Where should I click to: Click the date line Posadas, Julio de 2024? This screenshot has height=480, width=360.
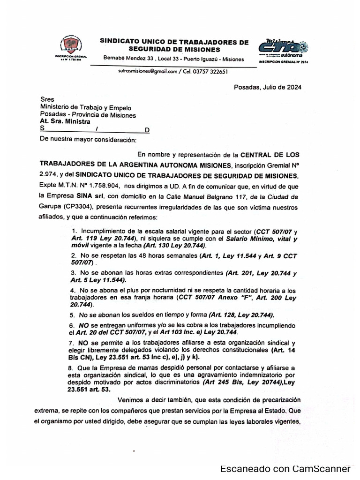tap(267, 87)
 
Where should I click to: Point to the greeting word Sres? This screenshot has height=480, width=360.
tap(47, 100)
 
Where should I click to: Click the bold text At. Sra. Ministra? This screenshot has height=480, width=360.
tap(65, 121)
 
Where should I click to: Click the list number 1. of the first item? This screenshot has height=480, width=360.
tap(75, 232)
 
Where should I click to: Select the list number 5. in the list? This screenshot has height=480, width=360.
tap(72, 315)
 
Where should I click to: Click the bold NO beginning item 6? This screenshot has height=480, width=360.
tap(83, 325)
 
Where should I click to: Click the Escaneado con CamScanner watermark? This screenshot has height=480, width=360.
tap(285, 469)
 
